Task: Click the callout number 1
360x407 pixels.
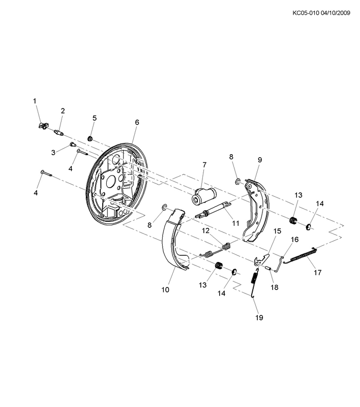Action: click(35, 101)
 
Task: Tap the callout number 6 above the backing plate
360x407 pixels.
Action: click(137, 122)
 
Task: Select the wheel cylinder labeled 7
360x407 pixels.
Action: click(204, 196)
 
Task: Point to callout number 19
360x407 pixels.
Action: click(259, 317)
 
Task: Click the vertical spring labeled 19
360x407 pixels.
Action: click(255, 281)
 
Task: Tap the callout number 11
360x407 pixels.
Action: click(235, 223)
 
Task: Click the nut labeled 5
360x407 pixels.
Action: click(90, 138)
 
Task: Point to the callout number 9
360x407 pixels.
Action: click(260, 160)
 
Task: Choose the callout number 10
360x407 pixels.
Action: click(165, 289)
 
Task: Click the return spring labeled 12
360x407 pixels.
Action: click(216, 250)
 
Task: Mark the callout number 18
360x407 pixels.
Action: click(274, 287)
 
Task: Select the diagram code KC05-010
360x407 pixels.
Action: click(306, 13)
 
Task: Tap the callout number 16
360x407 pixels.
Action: click(294, 239)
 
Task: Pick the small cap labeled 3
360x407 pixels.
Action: click(72, 144)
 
